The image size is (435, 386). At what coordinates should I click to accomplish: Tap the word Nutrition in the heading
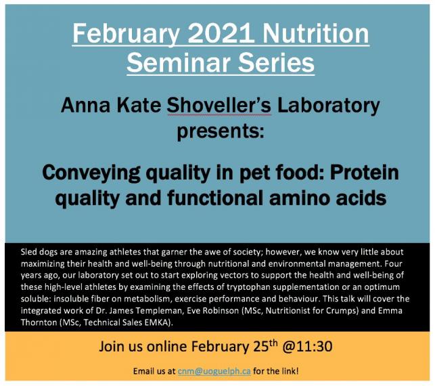(316, 33)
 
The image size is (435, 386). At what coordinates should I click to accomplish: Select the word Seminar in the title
(179, 63)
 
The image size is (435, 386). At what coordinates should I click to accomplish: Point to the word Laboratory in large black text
(329, 107)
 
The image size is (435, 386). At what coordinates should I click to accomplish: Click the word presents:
(221, 131)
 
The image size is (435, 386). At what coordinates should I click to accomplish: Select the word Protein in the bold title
(364, 172)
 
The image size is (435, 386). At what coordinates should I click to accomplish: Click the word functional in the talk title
(215, 197)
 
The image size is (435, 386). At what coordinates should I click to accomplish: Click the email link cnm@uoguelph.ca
(214, 371)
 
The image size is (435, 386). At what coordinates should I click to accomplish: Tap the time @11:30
(307, 347)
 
